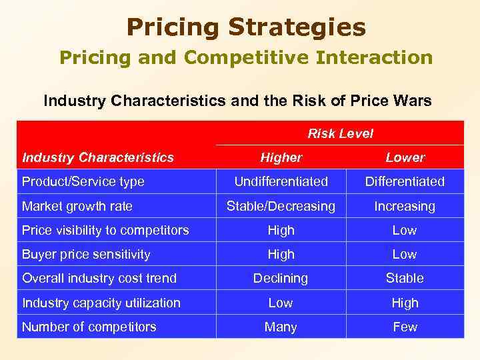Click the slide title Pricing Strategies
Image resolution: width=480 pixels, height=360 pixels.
pyautogui.click(x=246, y=27)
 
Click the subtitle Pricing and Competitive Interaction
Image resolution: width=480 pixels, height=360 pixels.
pyautogui.click(x=246, y=58)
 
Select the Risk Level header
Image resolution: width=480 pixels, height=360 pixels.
pyautogui.click(x=340, y=133)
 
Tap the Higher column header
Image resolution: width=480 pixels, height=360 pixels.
pyautogui.click(x=281, y=157)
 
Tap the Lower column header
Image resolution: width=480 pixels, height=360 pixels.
pyautogui.click(x=405, y=157)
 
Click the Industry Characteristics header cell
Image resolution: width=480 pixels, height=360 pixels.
pyautogui.click(x=98, y=157)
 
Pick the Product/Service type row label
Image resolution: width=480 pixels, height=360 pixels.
pyautogui.click(x=83, y=181)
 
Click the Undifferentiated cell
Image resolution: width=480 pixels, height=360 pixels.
pyautogui.click(x=281, y=181)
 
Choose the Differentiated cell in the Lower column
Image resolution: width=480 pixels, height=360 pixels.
pyautogui.click(x=405, y=181)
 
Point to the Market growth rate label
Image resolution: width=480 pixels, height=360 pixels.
pyautogui.click(x=77, y=206)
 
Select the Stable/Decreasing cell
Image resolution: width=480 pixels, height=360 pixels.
pyautogui.click(x=281, y=206)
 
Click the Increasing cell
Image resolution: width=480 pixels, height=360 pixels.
pyautogui.click(x=405, y=206)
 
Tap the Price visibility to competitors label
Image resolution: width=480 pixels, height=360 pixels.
pyautogui.click(x=105, y=230)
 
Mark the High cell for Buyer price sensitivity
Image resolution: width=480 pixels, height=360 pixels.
pyautogui.click(x=281, y=254)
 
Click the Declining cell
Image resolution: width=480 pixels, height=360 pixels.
pyautogui.click(x=281, y=278)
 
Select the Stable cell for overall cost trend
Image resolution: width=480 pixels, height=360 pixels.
pyautogui.click(x=405, y=278)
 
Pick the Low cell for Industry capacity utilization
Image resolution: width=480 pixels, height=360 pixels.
pyautogui.click(x=281, y=303)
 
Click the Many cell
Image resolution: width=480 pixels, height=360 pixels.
pyautogui.click(x=281, y=327)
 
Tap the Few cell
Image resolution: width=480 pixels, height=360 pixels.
pyautogui.click(x=405, y=327)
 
